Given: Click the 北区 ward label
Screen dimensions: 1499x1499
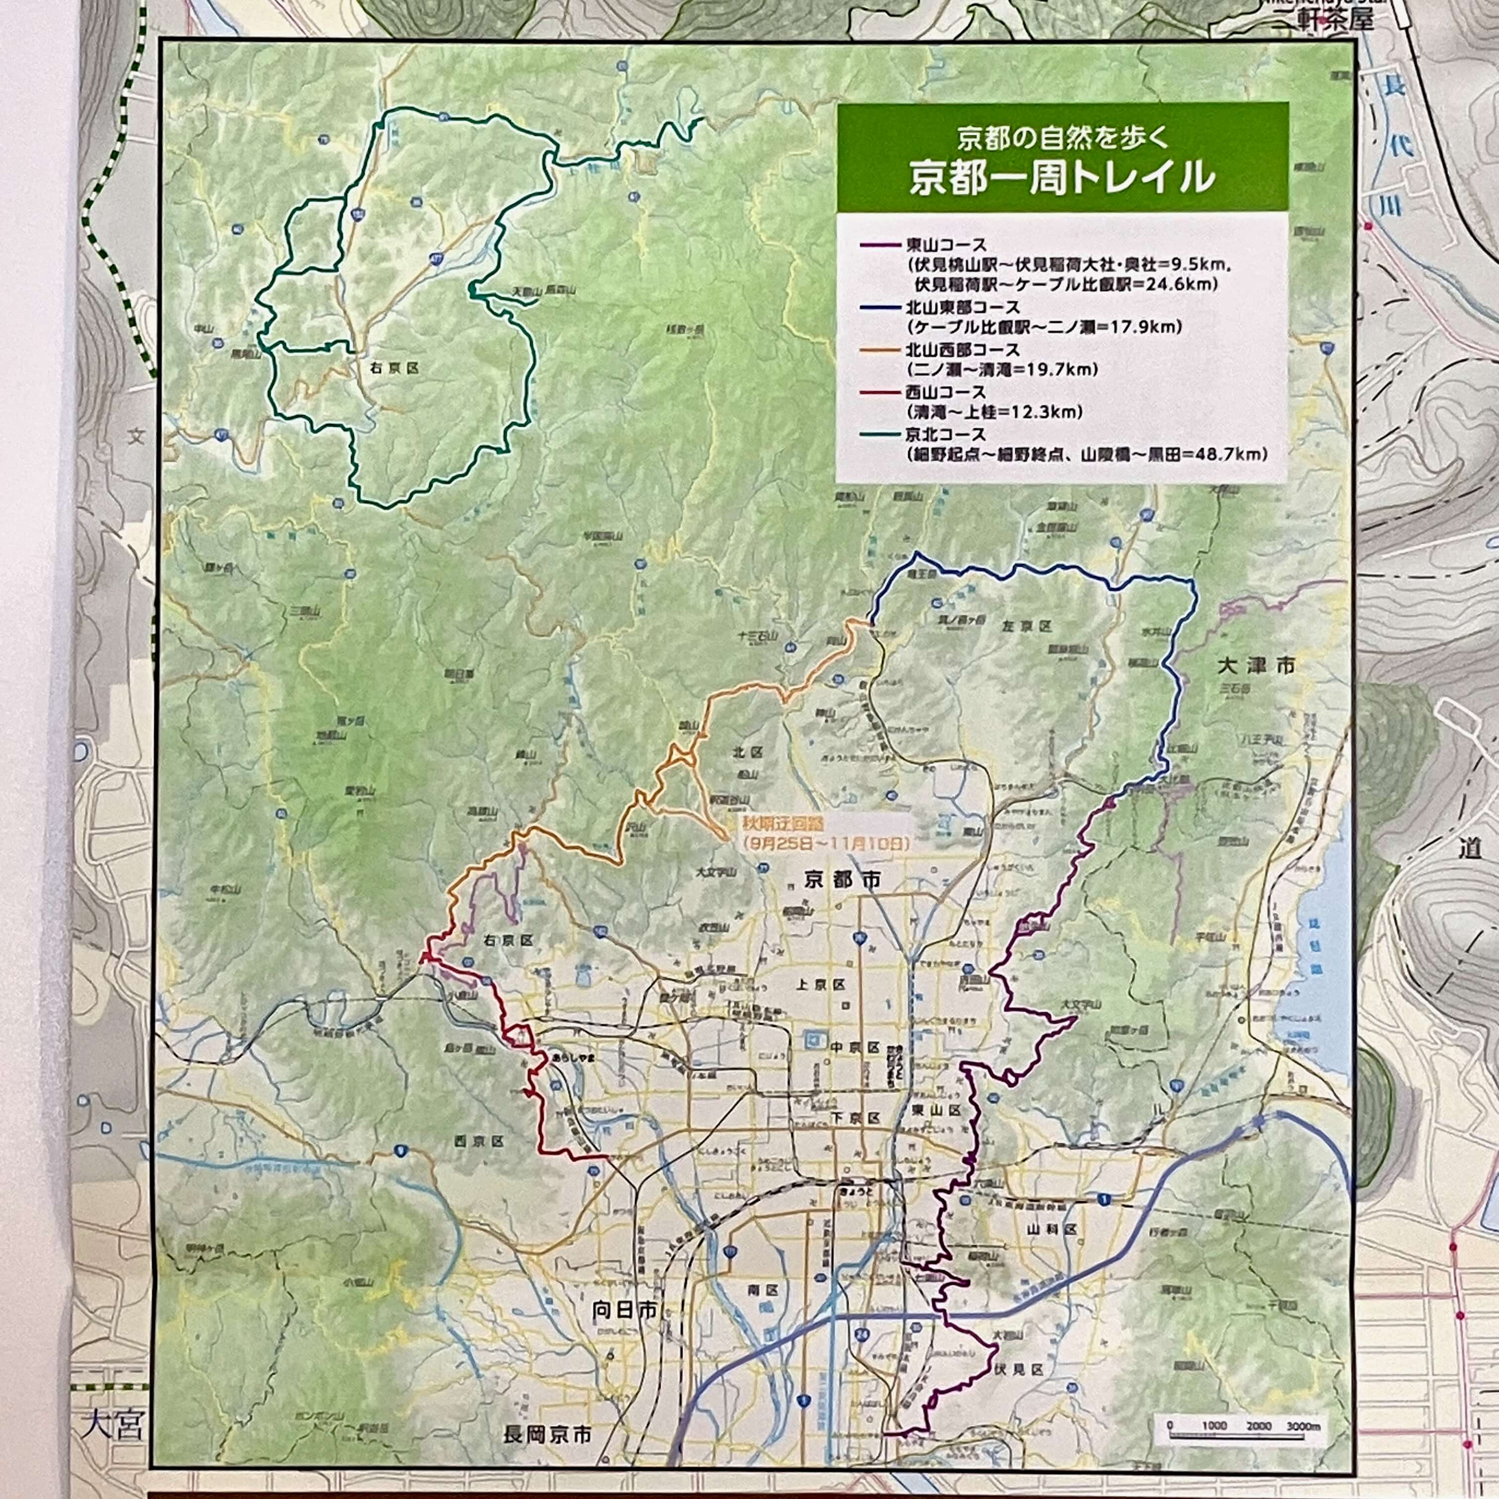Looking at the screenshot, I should point(749,752).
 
